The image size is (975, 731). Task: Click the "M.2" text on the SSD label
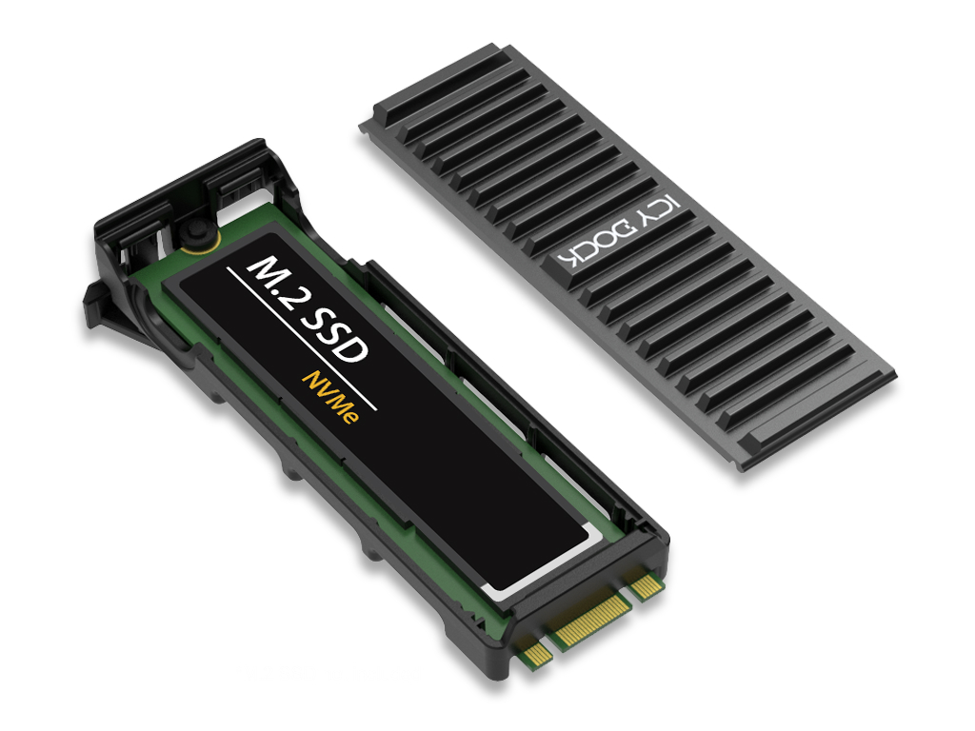tap(276, 284)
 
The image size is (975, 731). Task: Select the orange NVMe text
tap(330, 398)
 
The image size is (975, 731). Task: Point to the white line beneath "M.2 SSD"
tap(302, 339)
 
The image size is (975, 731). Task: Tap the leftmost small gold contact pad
tap(534, 650)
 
